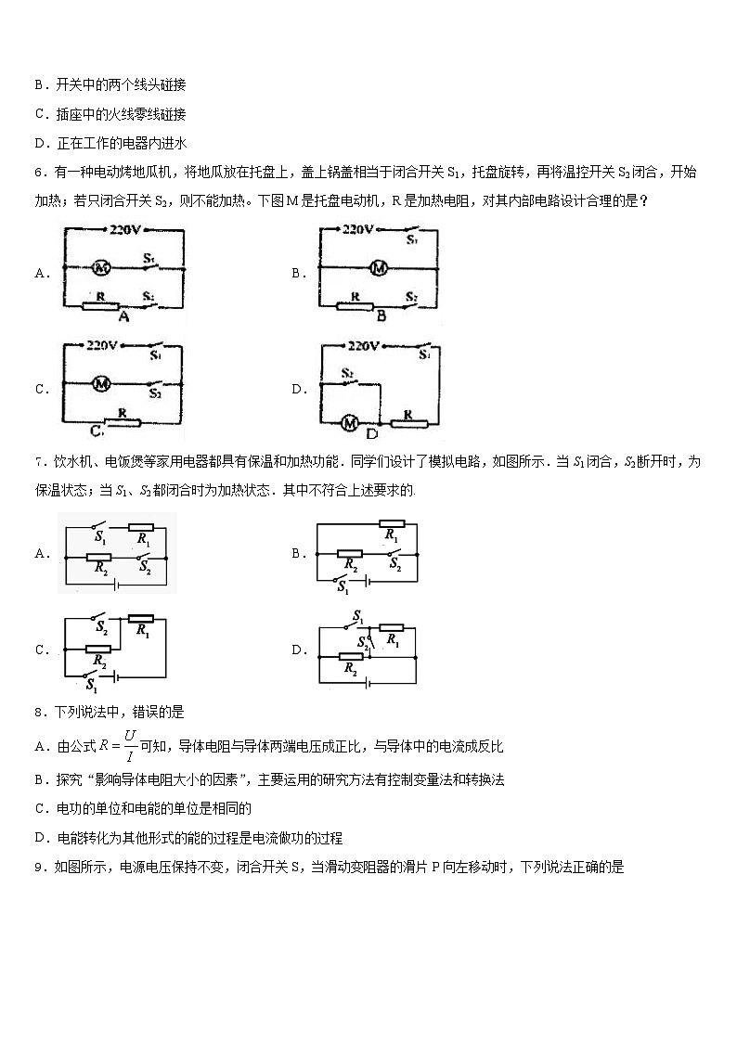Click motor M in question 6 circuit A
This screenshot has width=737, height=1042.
coord(102,267)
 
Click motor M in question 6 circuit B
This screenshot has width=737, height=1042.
coord(378,267)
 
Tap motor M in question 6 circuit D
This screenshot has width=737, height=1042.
coord(350,422)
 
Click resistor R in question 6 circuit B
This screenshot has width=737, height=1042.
coord(355,305)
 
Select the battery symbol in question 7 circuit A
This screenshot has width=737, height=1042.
coord(113,585)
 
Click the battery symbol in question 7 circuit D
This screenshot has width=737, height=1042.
coord(370,684)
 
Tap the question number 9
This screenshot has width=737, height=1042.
coord(40,868)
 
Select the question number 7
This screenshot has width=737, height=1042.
coord(40,462)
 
